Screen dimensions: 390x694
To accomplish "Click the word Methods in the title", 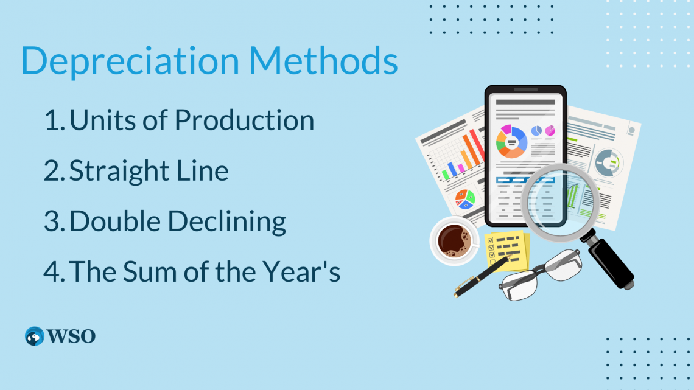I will (323, 60).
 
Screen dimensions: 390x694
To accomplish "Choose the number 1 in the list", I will (51, 120).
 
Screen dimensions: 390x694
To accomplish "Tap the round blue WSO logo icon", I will (35, 336).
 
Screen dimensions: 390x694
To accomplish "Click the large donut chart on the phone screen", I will (511, 141).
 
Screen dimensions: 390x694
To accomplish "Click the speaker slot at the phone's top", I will (525, 90).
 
